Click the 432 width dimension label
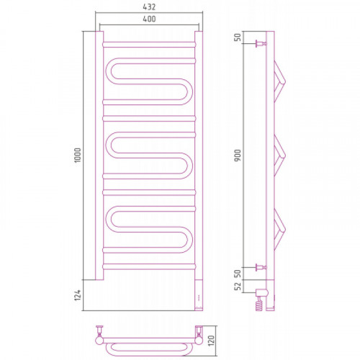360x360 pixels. point(149,7)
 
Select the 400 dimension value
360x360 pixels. point(149,19)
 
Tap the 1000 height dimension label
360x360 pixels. point(78,156)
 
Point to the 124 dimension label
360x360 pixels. point(78,295)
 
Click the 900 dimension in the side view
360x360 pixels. point(238,156)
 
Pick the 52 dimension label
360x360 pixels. point(238,287)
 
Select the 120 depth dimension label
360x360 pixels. point(211,341)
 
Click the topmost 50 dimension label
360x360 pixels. point(238,37)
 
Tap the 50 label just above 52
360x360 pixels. point(238,274)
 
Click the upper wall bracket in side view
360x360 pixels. point(261,44)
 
